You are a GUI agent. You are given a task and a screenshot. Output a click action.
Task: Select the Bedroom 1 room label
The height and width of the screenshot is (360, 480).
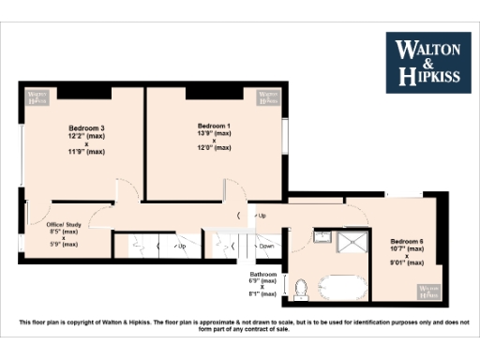tap(214, 126)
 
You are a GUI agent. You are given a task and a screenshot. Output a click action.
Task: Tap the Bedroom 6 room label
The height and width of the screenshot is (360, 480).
tap(407, 241)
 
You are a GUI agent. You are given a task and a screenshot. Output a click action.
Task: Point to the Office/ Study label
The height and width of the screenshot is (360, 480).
tap(64, 225)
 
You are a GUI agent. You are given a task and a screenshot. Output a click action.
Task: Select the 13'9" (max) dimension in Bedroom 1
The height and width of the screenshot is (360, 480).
tap(214, 134)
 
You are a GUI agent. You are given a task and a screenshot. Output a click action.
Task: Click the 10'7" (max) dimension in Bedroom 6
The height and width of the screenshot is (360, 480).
tap(407, 248)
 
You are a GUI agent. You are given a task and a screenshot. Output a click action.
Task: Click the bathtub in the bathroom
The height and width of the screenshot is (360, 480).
tap(339, 288)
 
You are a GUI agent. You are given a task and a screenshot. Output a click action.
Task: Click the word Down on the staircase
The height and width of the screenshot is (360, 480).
tap(266, 247)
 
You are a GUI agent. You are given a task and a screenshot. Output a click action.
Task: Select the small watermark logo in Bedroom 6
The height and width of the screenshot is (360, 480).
tap(429, 290)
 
